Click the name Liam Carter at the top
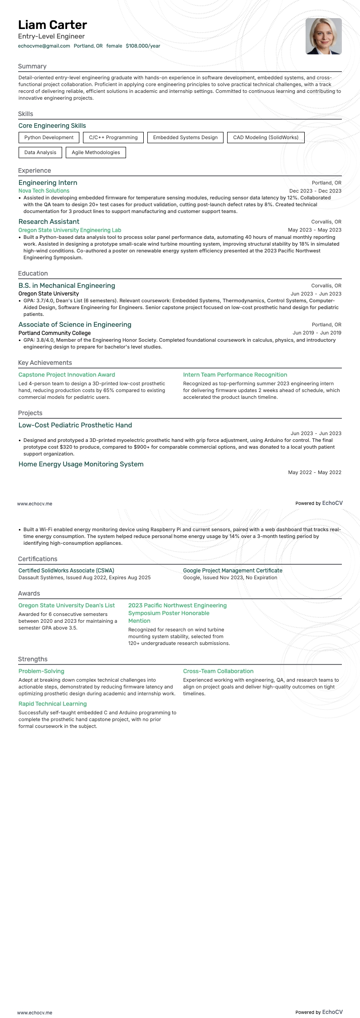tap(53, 25)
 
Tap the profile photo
tap(323, 36)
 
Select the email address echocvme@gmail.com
tap(44, 46)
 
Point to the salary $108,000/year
tap(143, 46)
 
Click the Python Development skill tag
tap(49, 137)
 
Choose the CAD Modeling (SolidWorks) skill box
tap(266, 137)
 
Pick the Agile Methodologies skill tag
tap(96, 152)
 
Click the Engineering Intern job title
tap(48, 183)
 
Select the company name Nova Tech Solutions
tap(44, 191)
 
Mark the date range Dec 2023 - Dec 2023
tap(315, 191)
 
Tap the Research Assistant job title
tap(49, 222)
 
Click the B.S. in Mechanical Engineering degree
tap(67, 286)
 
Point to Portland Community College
tap(54, 333)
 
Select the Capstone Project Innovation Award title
tap(67, 375)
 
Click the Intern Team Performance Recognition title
tap(235, 375)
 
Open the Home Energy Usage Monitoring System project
tap(81, 464)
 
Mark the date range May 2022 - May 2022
tap(315, 472)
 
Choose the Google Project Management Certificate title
tap(233, 570)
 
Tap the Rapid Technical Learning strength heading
tap(53, 704)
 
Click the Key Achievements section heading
tap(45, 363)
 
